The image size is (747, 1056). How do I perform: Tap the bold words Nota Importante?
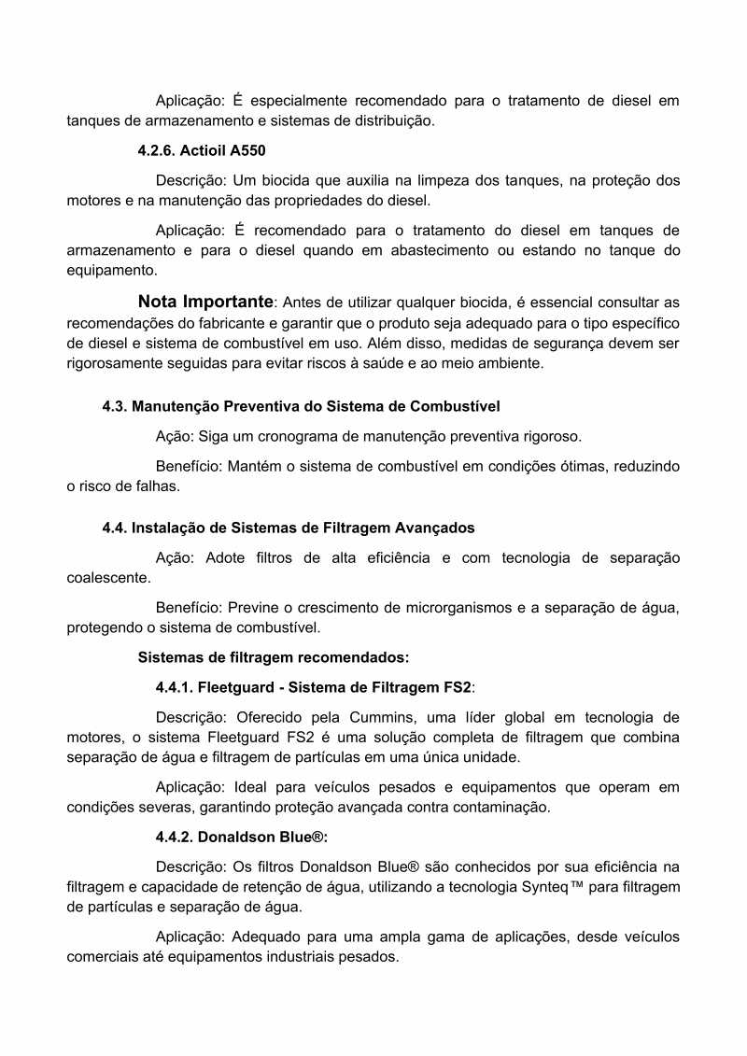point(205,302)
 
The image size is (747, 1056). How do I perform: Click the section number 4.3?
point(115,406)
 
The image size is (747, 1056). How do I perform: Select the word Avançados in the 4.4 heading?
point(437,528)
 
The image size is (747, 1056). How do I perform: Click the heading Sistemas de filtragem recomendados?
point(274,657)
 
